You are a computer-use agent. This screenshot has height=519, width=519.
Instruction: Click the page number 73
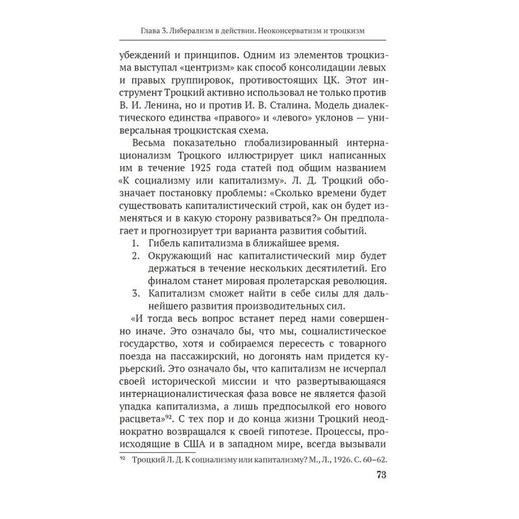click(x=381, y=492)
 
